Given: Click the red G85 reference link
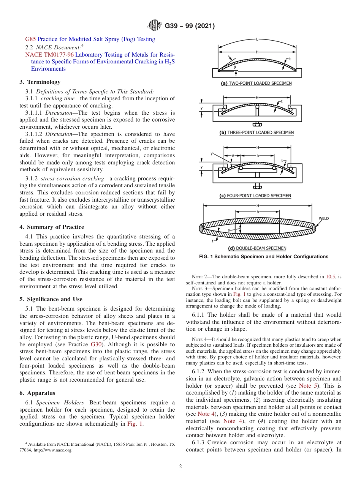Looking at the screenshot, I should coord(30,39).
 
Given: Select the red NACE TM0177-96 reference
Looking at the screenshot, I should coord(49,55).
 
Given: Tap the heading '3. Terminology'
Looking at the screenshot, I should coord(40,82).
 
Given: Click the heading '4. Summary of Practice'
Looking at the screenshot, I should coord(52,227).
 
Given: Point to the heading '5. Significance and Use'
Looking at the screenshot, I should coord(51,299).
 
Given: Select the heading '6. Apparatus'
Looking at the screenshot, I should coord(37,393).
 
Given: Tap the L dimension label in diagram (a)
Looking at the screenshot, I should coord(257,39).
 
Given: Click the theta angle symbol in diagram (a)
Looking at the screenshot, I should coord(234,66).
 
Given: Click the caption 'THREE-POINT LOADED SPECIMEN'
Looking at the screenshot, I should coord(256,133).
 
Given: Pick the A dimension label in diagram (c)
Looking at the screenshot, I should coord(233,156).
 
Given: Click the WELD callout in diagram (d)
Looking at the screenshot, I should coord(323,219).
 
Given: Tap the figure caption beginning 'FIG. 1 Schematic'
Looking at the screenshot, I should coord(263,257).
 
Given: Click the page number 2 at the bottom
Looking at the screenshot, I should coord(180,467).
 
